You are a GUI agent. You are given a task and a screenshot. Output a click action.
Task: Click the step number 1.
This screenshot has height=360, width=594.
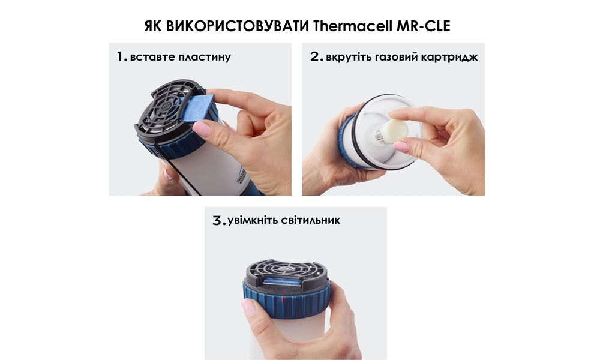tap(121, 58)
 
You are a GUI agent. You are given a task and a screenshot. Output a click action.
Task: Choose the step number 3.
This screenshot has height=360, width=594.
tap(218, 220)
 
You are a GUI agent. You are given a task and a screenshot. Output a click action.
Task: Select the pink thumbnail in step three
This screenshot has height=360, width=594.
tap(248, 308)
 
